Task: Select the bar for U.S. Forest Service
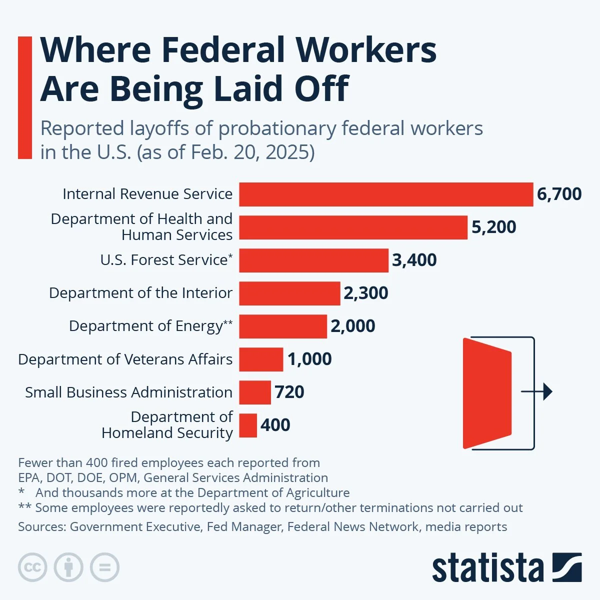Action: pos(313,260)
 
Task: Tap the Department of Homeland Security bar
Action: pos(248,425)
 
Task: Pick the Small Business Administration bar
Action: pos(255,392)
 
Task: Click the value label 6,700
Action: pos(559,194)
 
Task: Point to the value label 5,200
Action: pos(493,227)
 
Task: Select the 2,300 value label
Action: pos(365,293)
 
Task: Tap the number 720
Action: pos(289,392)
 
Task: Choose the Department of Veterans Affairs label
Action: pos(125,359)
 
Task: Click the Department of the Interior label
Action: pos(140,293)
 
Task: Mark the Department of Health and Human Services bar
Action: pos(353,227)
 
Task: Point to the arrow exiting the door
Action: pos(537,391)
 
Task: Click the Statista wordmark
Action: pos(487,568)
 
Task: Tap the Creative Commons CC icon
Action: pos(32,567)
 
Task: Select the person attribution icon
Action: pos(68,567)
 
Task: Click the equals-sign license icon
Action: pos(104,567)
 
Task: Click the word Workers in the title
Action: pos(366,50)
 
